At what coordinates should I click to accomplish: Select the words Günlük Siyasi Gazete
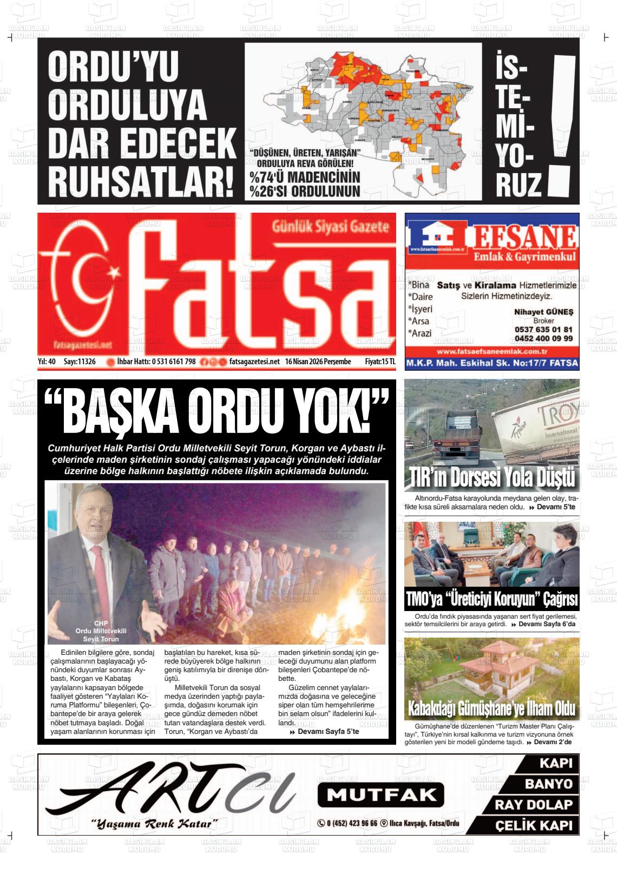330,227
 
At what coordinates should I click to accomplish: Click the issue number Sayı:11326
80,362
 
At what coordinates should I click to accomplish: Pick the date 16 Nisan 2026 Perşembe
318,362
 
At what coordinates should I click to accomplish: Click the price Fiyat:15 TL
380,362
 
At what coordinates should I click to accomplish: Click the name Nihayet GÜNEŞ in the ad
543,312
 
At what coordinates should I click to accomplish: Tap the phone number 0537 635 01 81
543,329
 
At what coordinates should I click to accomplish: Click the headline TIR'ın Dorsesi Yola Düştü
491,478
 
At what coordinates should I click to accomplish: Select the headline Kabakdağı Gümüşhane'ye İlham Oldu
491,708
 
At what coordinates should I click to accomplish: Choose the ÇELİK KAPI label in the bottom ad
533,826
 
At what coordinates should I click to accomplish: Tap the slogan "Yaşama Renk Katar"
154,824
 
